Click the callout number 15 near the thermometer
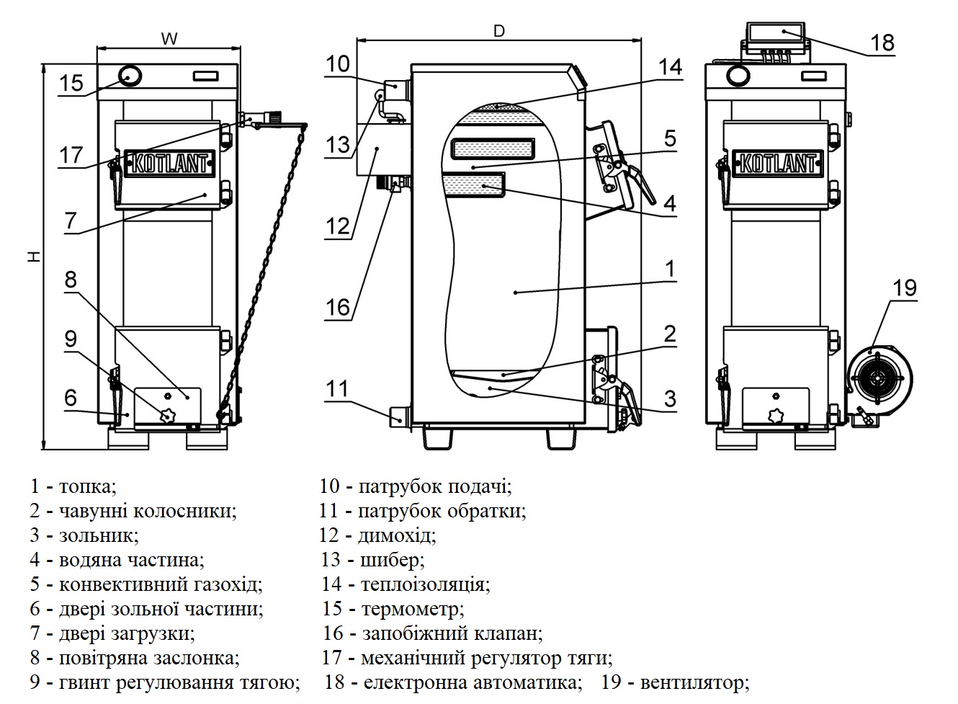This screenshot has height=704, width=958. (x=71, y=83)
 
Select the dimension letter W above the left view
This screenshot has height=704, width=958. (x=169, y=39)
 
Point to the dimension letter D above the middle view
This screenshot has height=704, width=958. (x=499, y=31)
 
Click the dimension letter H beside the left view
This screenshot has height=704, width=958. (x=35, y=257)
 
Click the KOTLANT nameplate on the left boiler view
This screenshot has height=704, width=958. (x=169, y=163)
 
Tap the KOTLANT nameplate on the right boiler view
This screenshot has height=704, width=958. (x=777, y=163)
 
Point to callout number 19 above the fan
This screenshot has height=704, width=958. (x=905, y=288)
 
